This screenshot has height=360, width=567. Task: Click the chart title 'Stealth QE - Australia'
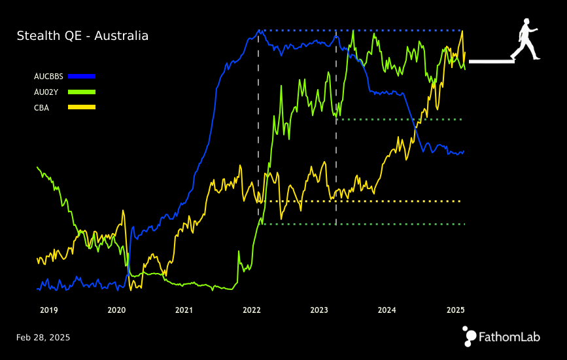(82, 36)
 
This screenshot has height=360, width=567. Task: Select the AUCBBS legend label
(48, 77)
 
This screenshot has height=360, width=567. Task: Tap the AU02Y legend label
(46, 92)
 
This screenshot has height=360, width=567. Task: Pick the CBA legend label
(41, 107)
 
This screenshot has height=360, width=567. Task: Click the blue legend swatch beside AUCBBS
(82, 77)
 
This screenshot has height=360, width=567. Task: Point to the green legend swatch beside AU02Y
(82, 92)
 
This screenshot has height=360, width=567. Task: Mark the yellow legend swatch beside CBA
(82, 107)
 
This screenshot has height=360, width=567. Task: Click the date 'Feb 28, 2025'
(43, 338)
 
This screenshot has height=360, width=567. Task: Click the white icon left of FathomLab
(470, 336)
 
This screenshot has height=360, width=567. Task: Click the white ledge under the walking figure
(491, 62)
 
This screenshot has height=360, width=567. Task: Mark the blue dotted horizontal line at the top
(360, 30)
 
